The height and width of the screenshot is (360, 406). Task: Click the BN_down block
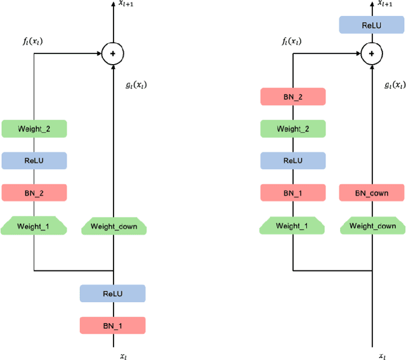click(x=372, y=192)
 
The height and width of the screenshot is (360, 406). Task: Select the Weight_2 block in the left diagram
click(x=34, y=129)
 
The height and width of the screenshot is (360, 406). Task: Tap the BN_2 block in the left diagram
click(x=34, y=192)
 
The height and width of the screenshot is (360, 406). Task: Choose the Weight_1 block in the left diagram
click(x=34, y=225)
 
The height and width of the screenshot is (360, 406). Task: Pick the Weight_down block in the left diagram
click(x=114, y=226)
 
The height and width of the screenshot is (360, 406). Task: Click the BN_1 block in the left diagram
click(x=112, y=326)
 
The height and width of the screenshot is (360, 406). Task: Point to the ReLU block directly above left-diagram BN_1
click(x=112, y=293)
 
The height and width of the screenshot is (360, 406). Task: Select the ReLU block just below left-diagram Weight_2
click(x=34, y=161)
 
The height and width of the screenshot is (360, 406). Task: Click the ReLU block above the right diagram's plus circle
click(x=372, y=25)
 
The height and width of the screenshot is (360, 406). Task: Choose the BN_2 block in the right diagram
click(x=293, y=97)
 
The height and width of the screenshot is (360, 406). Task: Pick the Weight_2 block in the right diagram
click(x=293, y=129)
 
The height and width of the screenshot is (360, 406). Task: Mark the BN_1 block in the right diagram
click(x=293, y=192)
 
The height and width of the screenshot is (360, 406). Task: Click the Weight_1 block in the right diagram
click(x=293, y=225)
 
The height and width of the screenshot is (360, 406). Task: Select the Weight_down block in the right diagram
click(x=372, y=225)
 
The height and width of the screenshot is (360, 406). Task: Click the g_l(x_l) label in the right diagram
click(x=395, y=85)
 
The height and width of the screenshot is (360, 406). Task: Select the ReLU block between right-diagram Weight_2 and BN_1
click(x=293, y=161)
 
